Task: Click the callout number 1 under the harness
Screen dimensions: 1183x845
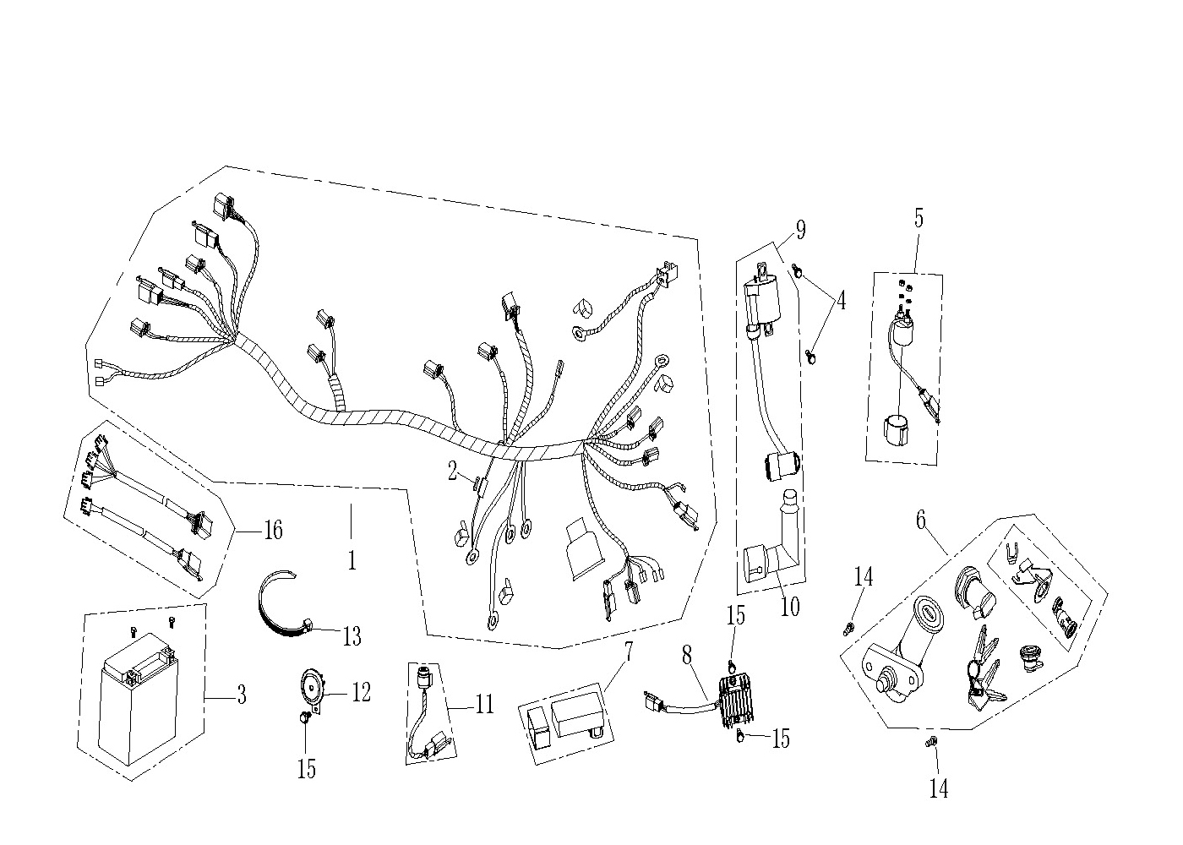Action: pyautogui.click(x=352, y=559)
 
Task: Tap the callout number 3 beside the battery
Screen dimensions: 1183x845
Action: pyautogui.click(x=242, y=695)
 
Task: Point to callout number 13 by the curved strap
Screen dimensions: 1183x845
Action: pyautogui.click(x=352, y=637)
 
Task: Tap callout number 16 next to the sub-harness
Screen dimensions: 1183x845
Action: pyautogui.click(x=273, y=530)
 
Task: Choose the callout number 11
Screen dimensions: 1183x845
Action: pyautogui.click(x=483, y=704)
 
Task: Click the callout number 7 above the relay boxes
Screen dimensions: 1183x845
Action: pyautogui.click(x=628, y=652)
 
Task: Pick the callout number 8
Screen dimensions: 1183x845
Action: pyautogui.click(x=686, y=656)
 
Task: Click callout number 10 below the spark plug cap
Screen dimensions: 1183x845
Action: pyautogui.click(x=790, y=607)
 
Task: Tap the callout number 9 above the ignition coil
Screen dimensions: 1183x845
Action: pyautogui.click(x=801, y=230)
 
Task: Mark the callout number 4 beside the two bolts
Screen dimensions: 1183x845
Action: pyautogui.click(x=842, y=300)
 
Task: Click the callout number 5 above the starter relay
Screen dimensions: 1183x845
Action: pyautogui.click(x=919, y=218)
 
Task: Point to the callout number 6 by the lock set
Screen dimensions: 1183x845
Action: pyautogui.click(x=921, y=521)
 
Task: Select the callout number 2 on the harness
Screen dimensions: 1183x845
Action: pyautogui.click(x=452, y=472)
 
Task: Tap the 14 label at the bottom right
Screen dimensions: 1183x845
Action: pyautogui.click(x=939, y=789)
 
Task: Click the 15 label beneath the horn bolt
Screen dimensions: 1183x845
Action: pyautogui.click(x=306, y=769)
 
